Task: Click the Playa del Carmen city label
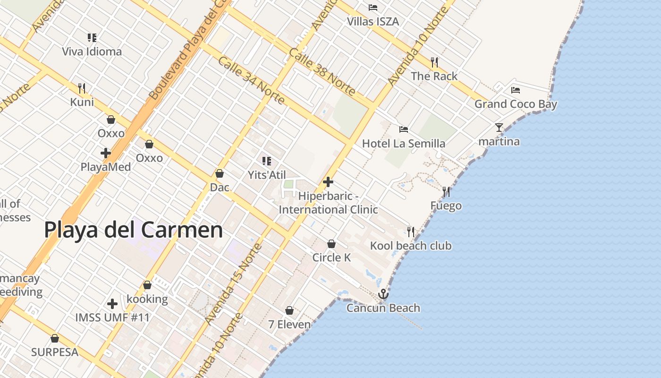click(x=133, y=230)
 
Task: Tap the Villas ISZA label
click(x=373, y=22)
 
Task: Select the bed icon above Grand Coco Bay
click(x=515, y=90)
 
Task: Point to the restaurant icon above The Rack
click(x=434, y=62)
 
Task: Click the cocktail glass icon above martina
click(x=499, y=127)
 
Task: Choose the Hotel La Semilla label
click(x=403, y=143)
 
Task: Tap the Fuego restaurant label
click(x=446, y=206)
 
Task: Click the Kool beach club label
click(x=410, y=246)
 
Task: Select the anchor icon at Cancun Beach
click(x=383, y=294)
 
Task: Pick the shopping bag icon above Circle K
click(x=331, y=244)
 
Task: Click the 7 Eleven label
click(x=289, y=325)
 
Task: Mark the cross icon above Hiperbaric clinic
click(x=328, y=182)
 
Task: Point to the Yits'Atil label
click(x=267, y=175)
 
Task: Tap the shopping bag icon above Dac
click(x=219, y=173)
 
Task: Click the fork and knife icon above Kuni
click(x=82, y=88)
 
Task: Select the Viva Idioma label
click(x=92, y=52)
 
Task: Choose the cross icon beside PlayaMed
click(x=106, y=153)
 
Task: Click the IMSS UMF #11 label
click(x=112, y=318)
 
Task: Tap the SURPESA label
click(x=54, y=352)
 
